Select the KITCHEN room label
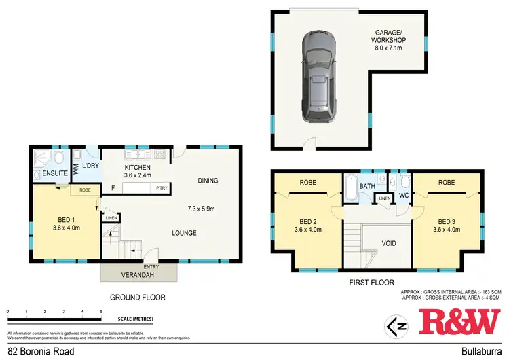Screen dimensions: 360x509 (137, 168)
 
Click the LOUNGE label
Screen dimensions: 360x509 (184, 233)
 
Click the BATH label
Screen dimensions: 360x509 (367, 186)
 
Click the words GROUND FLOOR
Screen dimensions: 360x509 (138, 297)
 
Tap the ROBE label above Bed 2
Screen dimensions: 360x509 (309, 183)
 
